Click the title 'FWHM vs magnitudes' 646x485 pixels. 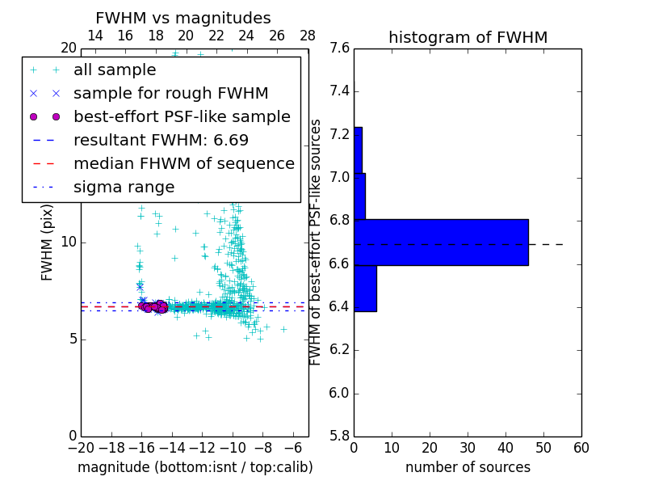coord(183,18)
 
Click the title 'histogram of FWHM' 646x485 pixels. coord(468,37)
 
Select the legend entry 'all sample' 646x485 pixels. coord(115,70)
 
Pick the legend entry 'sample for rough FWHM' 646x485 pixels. coord(170,94)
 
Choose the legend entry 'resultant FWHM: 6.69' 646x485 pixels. coord(161,141)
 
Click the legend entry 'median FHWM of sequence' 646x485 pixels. coord(183,164)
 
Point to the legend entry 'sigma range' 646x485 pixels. coord(124,188)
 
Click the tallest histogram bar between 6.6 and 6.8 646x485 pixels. coord(441,242)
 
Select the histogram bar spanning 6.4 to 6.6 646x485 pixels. coord(365,288)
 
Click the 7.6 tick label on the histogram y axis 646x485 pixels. coord(339,48)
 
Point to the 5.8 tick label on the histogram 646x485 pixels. coord(339,436)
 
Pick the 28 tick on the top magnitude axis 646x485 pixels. coord(308,36)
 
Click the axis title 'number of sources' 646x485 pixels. coord(468,467)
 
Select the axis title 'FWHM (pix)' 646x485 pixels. coord(48,242)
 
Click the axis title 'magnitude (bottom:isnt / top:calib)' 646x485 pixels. coord(195,467)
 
